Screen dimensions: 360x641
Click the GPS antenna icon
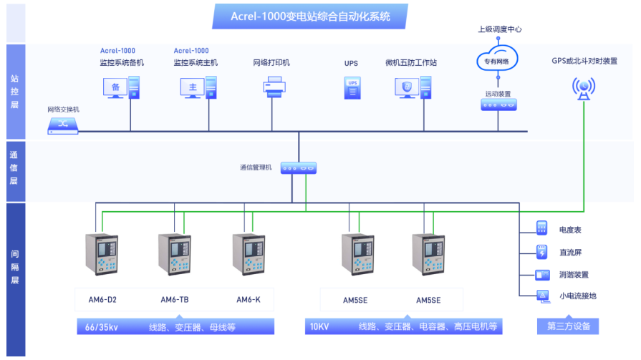coord(584,87)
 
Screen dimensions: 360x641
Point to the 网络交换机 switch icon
coord(63,125)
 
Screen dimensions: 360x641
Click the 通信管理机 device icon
coord(298,168)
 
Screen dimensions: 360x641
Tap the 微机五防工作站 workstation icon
coord(413,87)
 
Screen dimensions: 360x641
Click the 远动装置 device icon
coord(498,105)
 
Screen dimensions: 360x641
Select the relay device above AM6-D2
coord(102,253)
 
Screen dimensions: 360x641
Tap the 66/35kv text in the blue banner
coord(102,327)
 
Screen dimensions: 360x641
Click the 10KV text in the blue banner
coord(319,327)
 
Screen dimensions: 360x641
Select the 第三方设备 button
coord(569,327)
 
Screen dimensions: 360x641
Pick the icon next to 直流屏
coord(542,251)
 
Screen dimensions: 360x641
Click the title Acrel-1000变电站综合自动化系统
coord(310,16)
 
